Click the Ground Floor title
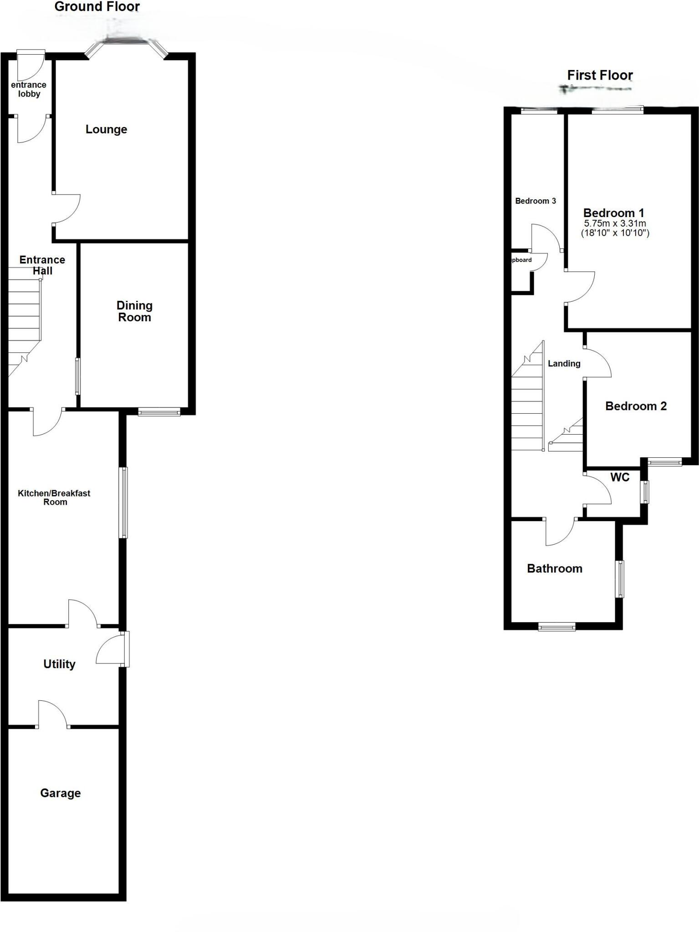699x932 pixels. pyautogui.click(x=97, y=7)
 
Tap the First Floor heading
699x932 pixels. pyautogui.click(x=600, y=75)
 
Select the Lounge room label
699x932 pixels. pyautogui.click(x=106, y=130)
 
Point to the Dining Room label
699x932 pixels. pyautogui.click(x=134, y=311)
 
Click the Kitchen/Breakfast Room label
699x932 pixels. pyautogui.click(x=54, y=497)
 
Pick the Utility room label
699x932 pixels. pyautogui.click(x=59, y=664)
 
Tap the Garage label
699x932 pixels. pyautogui.click(x=61, y=793)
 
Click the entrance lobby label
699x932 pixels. pyautogui.click(x=29, y=89)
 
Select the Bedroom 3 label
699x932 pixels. pyautogui.click(x=536, y=201)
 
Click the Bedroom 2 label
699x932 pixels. pyautogui.click(x=636, y=406)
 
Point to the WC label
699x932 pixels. pyautogui.click(x=620, y=477)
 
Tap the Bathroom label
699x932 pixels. pyautogui.click(x=555, y=568)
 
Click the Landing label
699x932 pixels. pyautogui.click(x=564, y=363)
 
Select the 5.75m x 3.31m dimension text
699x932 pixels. pyautogui.click(x=615, y=223)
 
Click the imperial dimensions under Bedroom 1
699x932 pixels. pyautogui.click(x=615, y=233)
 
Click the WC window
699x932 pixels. pyautogui.click(x=644, y=492)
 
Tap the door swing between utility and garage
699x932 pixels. pyautogui.click(x=52, y=714)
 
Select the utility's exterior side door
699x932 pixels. pyautogui.click(x=112, y=649)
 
